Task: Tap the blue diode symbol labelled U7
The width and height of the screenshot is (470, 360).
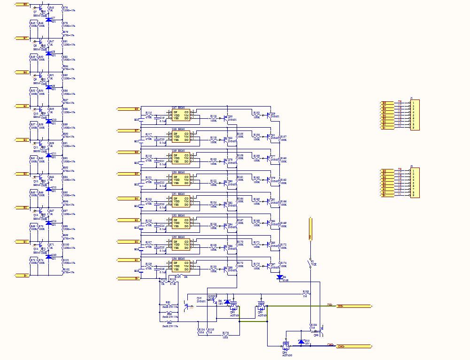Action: point(48,20)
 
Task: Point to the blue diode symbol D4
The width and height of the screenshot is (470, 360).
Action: point(280,277)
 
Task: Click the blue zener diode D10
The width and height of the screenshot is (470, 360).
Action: point(300,342)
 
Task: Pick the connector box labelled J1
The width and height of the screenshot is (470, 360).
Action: point(415,115)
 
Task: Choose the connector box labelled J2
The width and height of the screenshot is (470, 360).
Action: point(415,183)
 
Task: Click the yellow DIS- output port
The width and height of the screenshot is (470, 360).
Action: point(354,306)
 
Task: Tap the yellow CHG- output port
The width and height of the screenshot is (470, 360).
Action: point(354,346)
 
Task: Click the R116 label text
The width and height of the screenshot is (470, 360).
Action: point(213,115)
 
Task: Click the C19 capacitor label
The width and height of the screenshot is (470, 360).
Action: point(162,118)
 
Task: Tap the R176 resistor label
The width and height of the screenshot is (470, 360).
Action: point(225,333)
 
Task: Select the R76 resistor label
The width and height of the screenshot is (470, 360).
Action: point(65,8)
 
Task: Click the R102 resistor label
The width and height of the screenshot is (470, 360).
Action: point(66,269)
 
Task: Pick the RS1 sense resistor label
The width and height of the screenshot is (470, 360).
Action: point(168,303)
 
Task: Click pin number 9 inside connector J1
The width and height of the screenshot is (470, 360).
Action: point(413,128)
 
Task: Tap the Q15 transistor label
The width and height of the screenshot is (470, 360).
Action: point(199,298)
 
